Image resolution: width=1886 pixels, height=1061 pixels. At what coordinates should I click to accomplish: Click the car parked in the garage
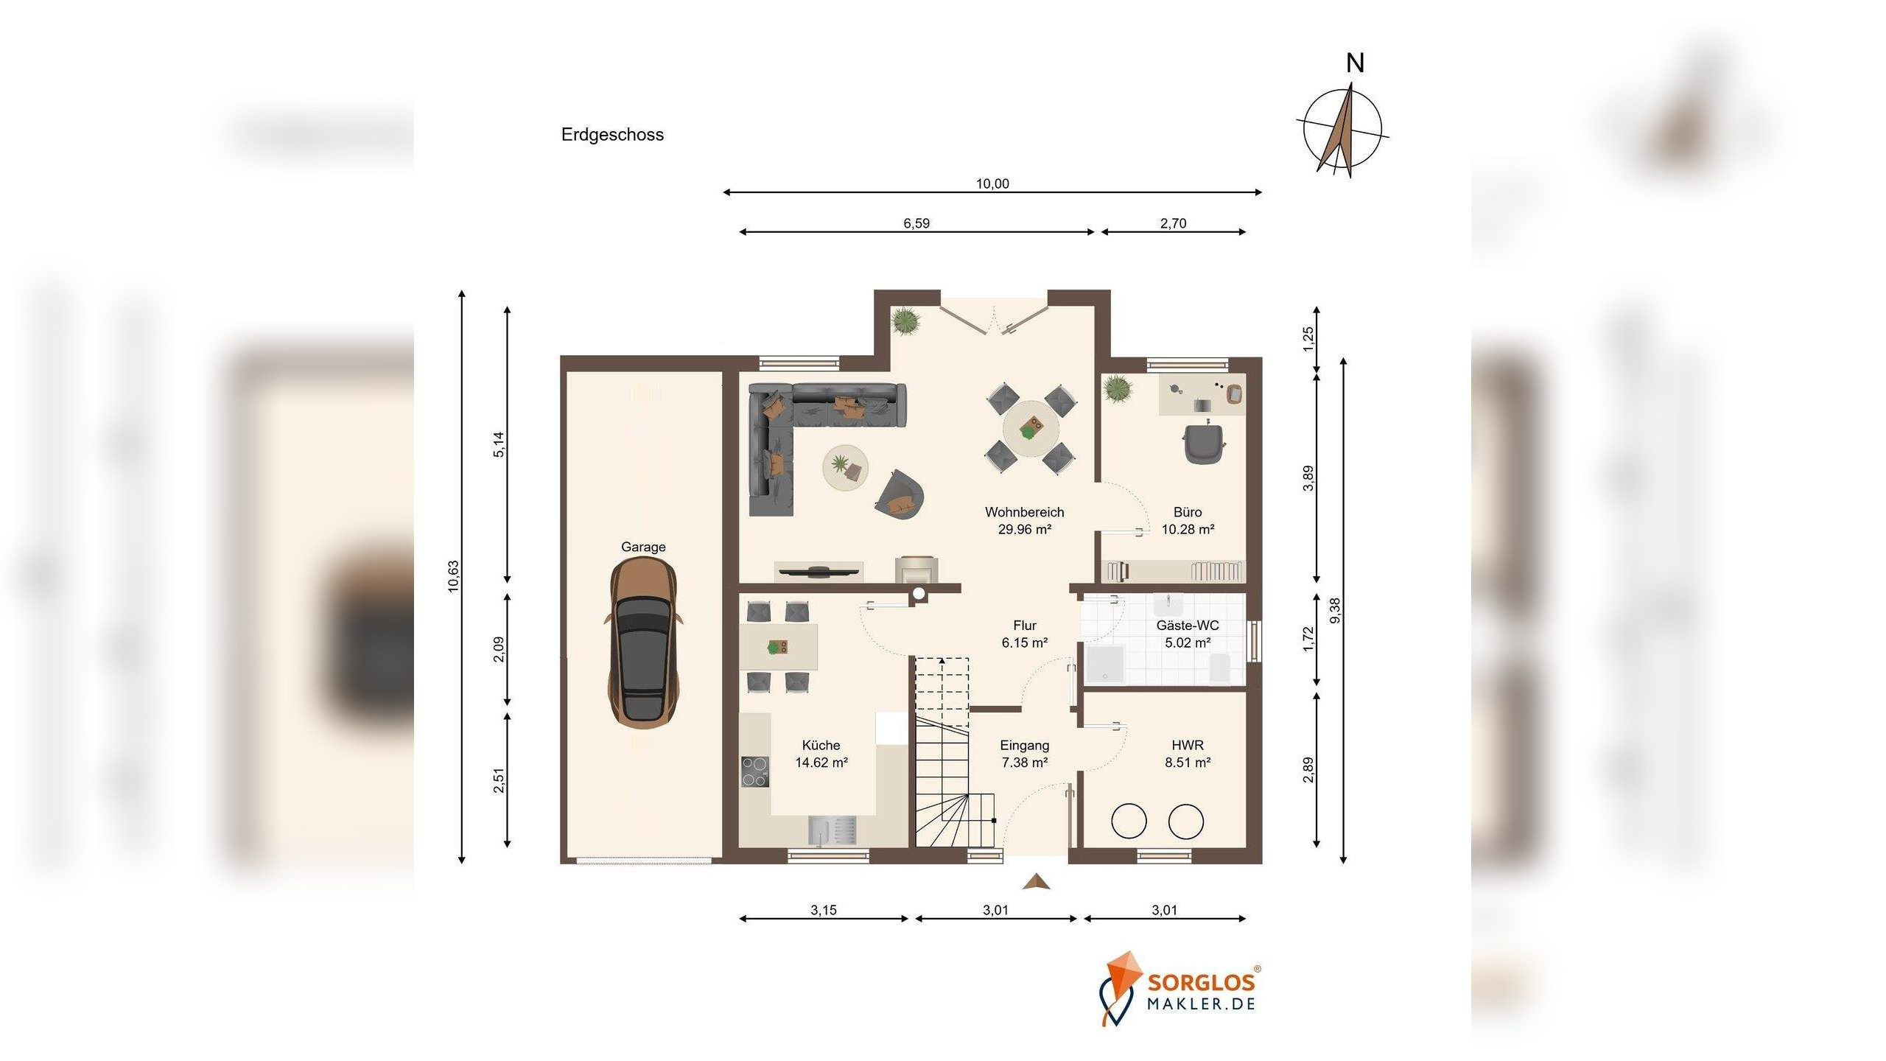click(643, 643)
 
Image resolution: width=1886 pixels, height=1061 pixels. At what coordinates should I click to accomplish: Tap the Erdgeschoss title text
click(612, 135)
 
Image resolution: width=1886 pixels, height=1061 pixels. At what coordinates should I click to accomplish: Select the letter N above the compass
click(1355, 63)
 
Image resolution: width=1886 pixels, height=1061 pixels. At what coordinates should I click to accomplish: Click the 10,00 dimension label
click(992, 183)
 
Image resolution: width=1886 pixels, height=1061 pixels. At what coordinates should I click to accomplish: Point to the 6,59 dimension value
click(916, 223)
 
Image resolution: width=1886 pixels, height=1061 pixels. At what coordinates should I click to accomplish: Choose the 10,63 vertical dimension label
click(453, 576)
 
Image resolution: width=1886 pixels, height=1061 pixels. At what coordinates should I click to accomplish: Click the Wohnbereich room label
click(1024, 512)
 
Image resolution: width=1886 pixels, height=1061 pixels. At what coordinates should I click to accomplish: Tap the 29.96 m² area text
click(1024, 529)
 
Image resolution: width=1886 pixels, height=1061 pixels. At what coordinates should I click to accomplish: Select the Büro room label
click(1188, 512)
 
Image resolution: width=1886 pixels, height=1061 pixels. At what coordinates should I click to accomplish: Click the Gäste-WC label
click(1188, 626)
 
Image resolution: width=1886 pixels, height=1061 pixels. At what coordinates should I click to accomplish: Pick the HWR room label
click(1188, 746)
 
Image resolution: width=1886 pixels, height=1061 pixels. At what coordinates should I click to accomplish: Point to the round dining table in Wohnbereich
click(1031, 429)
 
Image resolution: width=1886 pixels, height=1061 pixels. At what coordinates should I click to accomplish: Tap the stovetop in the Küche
click(754, 771)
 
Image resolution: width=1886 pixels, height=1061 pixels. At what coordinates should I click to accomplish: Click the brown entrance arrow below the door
click(1036, 881)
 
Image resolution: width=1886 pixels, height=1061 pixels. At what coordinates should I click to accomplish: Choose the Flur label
click(1024, 626)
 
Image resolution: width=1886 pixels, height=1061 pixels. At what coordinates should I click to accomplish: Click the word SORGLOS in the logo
click(1201, 983)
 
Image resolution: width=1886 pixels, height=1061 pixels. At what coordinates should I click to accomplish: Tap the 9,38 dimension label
click(1335, 610)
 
